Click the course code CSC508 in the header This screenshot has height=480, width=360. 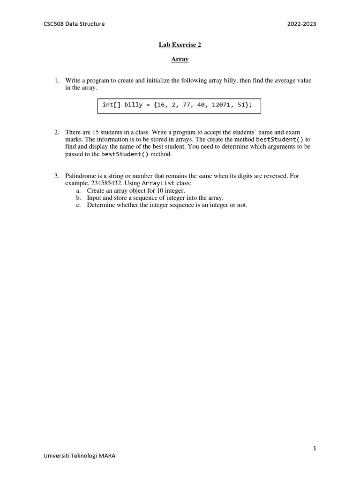tap(53, 24)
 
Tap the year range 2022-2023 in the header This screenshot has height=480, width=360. tap(302, 24)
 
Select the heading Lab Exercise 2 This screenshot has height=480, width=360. tap(180, 45)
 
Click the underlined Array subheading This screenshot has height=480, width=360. tap(180, 60)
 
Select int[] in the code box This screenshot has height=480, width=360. tap(112, 105)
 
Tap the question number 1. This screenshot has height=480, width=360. tap(56, 81)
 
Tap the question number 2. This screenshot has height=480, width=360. tap(56, 133)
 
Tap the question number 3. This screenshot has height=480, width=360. tap(56, 176)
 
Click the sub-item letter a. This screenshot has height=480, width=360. tap(78, 191)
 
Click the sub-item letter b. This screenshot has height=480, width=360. tap(78, 198)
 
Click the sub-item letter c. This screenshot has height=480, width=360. tap(78, 205)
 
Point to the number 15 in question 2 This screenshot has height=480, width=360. tap(91, 133)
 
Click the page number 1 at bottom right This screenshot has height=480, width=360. tap(315, 448)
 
